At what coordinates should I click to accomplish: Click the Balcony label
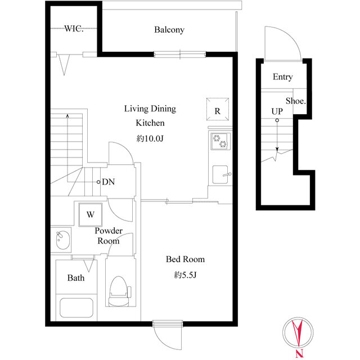point(169,30)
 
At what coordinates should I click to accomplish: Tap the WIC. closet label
point(74,29)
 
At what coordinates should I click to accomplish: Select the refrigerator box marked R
point(218,109)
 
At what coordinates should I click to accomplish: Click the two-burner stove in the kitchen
point(220,141)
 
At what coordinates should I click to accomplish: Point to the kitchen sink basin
point(220,174)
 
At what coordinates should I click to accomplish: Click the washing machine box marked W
point(91,214)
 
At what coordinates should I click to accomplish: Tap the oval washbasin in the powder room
point(62,240)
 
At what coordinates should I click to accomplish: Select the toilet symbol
point(119,291)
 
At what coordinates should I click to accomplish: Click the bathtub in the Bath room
point(76,308)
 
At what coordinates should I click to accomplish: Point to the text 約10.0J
point(150,138)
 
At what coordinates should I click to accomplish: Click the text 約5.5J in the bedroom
point(185,274)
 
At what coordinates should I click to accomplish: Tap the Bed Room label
point(185,259)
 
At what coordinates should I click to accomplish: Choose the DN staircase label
point(109,182)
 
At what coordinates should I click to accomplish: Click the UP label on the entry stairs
point(277,111)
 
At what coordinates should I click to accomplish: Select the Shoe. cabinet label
point(296,101)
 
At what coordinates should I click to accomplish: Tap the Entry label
point(282,77)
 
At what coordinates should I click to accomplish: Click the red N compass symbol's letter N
point(299,354)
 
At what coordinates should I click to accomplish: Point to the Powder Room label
point(109,236)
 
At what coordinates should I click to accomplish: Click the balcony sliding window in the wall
point(180,55)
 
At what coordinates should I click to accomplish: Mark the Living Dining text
point(150,109)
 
